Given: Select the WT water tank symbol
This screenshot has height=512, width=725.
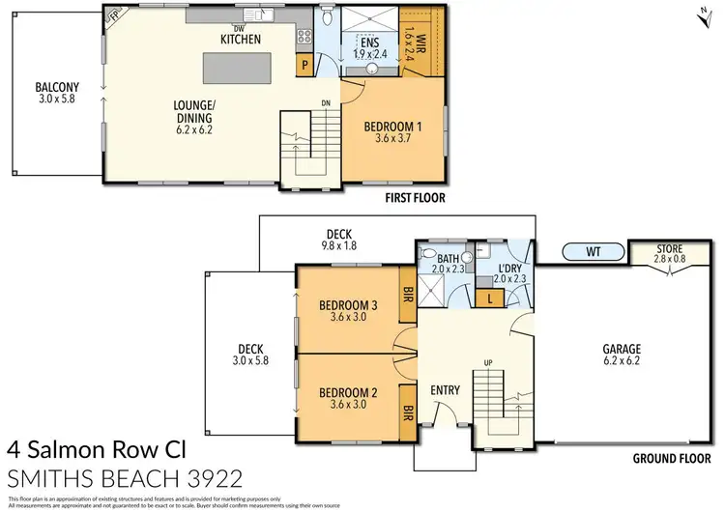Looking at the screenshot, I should (x=594, y=253).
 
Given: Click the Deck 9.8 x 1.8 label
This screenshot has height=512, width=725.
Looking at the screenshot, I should (x=339, y=240).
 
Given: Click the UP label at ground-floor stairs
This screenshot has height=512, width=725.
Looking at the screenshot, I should (x=489, y=362).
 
